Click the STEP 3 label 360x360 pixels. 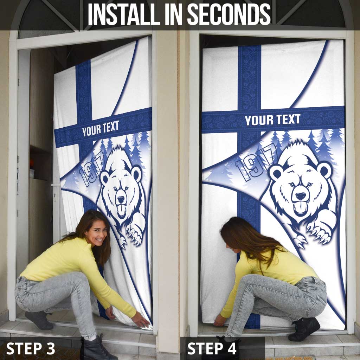pyautogui.click(x=31, y=348)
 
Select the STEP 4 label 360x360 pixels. pyautogui.click(x=212, y=348)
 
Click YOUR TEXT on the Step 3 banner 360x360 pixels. pyautogui.click(x=101, y=129)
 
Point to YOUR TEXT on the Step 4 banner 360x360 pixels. pyautogui.click(x=272, y=120)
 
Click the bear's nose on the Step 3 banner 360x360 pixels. pyautogui.click(x=121, y=199)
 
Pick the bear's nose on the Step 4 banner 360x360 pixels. pyautogui.click(x=301, y=196)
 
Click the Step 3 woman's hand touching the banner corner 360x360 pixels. pyautogui.click(x=141, y=320)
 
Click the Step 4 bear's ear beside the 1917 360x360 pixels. pyautogui.click(x=275, y=172)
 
